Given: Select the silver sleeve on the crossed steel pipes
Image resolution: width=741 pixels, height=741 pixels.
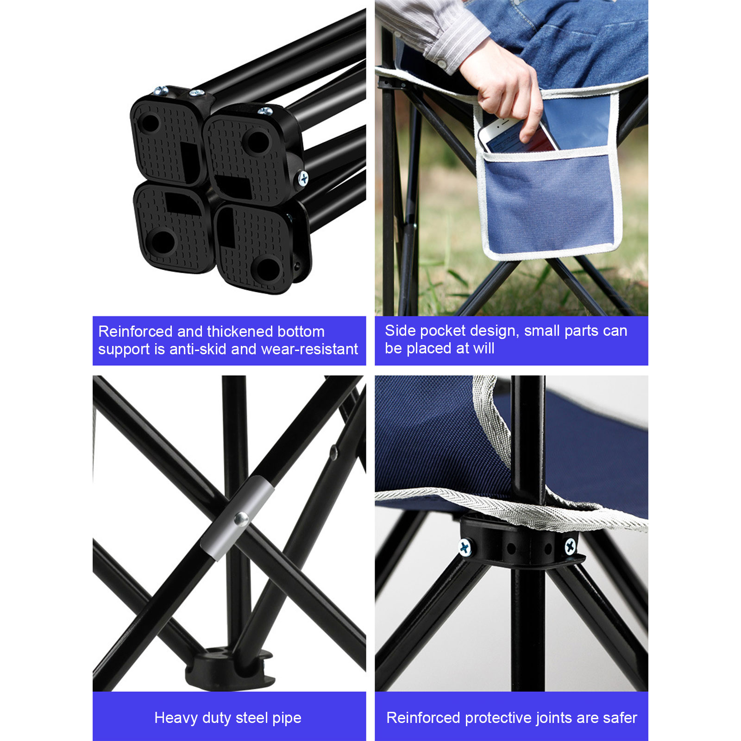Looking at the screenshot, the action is click(x=237, y=519).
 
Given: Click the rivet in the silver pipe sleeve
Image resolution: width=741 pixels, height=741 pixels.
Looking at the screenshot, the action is click(x=241, y=519).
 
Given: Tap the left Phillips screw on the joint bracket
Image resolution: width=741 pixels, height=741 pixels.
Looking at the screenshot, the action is click(x=465, y=547).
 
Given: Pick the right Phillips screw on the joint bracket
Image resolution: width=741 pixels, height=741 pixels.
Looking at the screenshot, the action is click(x=570, y=547).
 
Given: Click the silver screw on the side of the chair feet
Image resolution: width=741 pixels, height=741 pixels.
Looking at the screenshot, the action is click(x=303, y=178).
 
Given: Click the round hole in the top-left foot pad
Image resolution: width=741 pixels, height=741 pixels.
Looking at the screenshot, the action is click(x=150, y=124).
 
